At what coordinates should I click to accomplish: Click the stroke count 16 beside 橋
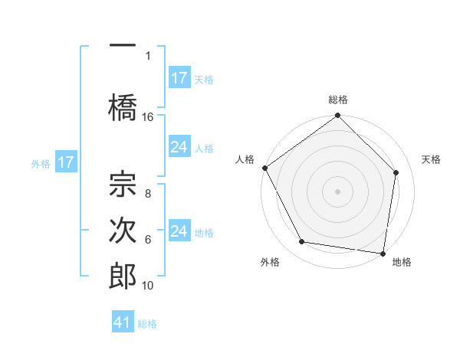[148, 117]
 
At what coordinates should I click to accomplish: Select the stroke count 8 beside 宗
[148, 195]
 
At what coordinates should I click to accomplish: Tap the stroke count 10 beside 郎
[148, 286]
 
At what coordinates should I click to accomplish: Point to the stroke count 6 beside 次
[148, 240]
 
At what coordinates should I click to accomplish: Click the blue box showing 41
[123, 322]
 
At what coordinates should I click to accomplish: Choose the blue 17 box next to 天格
[179, 78]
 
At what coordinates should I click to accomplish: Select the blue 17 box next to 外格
[66, 162]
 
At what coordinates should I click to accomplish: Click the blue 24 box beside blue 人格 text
[179, 147]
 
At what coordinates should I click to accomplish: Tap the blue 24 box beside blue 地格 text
[179, 231]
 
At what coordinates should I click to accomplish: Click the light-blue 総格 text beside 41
[147, 324]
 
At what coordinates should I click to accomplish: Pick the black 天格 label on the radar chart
[431, 159]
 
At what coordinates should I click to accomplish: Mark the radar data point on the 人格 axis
[264, 168]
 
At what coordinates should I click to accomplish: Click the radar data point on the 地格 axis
[383, 253]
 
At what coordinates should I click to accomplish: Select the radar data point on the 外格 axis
[302, 242]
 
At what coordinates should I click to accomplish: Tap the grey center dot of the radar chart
[337, 191]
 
